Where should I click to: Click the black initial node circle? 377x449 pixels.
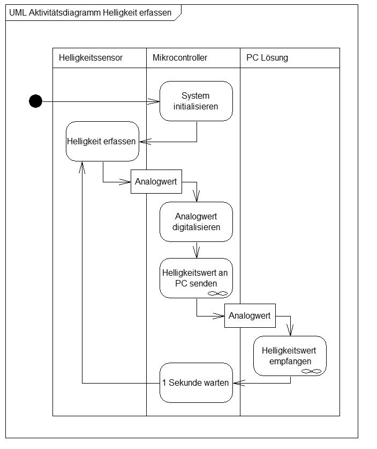pyautogui.click(x=35, y=101)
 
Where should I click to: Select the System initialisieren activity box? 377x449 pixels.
pyautogui.click(x=196, y=101)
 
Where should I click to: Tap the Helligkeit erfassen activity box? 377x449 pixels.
pyautogui.click(x=102, y=141)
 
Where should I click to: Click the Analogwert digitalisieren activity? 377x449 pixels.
pyautogui.click(x=196, y=222)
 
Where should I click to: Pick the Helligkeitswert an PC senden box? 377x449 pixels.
pyautogui.click(x=196, y=278)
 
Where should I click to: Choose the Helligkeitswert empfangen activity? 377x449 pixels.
pyautogui.click(x=290, y=356)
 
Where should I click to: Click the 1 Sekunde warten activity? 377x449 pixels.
pyautogui.click(x=196, y=382)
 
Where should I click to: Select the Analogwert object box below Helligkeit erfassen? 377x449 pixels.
pyautogui.click(x=156, y=182)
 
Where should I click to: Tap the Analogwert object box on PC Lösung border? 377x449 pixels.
pyautogui.click(x=250, y=316)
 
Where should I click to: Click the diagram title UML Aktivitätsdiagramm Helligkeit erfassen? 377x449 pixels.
pyautogui.click(x=91, y=13)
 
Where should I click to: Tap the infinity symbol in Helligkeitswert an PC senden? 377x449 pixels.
pyautogui.click(x=218, y=293)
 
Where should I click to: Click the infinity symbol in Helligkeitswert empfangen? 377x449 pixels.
pyautogui.click(x=312, y=371)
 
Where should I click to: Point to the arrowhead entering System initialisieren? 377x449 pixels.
pyautogui.click(x=156, y=101)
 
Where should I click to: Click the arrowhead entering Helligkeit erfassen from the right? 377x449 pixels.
pyautogui.click(x=143, y=142)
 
